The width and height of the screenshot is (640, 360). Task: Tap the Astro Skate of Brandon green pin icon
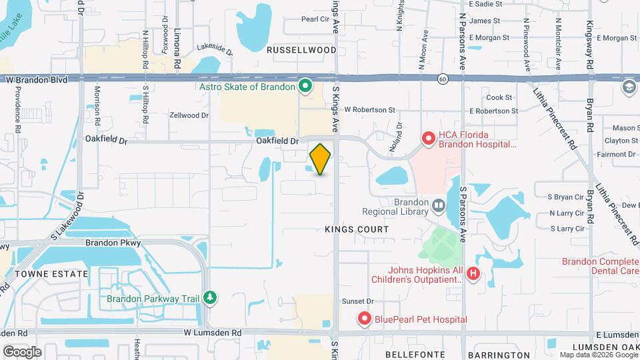(x=305, y=86)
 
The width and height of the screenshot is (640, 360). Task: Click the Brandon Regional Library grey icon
(x=438, y=205)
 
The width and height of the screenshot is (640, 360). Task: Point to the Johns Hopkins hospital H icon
(x=473, y=273)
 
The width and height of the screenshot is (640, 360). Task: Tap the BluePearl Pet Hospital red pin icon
(x=364, y=319)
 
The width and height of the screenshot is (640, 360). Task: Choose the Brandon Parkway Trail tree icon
(x=211, y=297)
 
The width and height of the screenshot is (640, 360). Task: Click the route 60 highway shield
(x=443, y=79)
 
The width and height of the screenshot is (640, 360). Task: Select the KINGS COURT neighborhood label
(x=357, y=229)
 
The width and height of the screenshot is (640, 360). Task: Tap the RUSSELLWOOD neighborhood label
(x=302, y=50)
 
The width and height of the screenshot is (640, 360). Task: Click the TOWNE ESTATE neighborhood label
(x=53, y=274)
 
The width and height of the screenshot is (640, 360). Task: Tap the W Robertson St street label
(x=369, y=110)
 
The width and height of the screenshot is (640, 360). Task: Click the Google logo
(x=22, y=351)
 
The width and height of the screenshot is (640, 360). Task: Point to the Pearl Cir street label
(x=315, y=19)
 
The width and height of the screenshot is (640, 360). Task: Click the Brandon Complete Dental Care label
(x=600, y=267)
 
